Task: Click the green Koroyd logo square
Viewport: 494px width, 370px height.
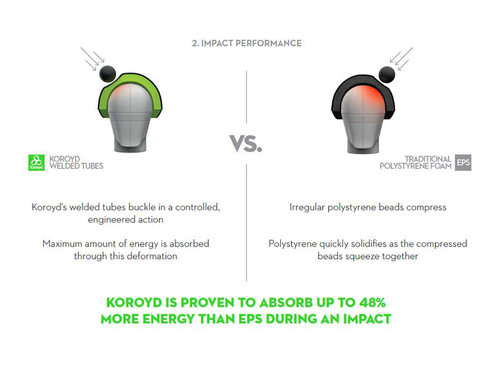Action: (36, 162)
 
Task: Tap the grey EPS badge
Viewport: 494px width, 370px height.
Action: (463, 162)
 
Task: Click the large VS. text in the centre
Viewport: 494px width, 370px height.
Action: (246, 144)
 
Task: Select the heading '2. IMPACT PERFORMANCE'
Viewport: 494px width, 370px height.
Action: (246, 43)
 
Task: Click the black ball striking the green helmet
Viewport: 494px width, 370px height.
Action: (108, 73)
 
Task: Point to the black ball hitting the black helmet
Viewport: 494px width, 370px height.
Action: (387, 75)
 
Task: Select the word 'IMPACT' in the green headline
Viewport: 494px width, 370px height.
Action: (367, 319)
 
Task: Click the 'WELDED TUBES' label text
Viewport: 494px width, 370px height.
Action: (76, 166)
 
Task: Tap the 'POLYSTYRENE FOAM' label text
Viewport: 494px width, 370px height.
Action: (416, 166)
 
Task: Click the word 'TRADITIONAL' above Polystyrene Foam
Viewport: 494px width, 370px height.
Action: (428, 159)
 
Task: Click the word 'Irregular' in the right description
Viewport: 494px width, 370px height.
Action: (307, 208)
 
